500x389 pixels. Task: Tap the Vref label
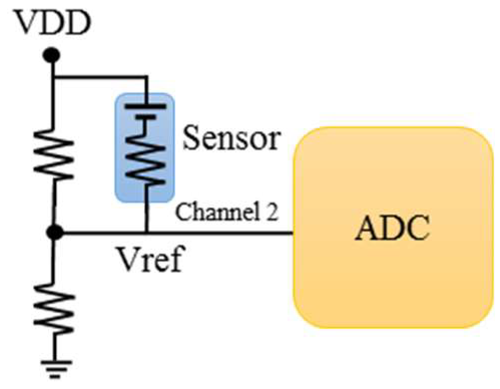pos(150,260)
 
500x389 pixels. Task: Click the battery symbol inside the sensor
pos(146,111)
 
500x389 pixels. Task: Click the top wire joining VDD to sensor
pos(100,77)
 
